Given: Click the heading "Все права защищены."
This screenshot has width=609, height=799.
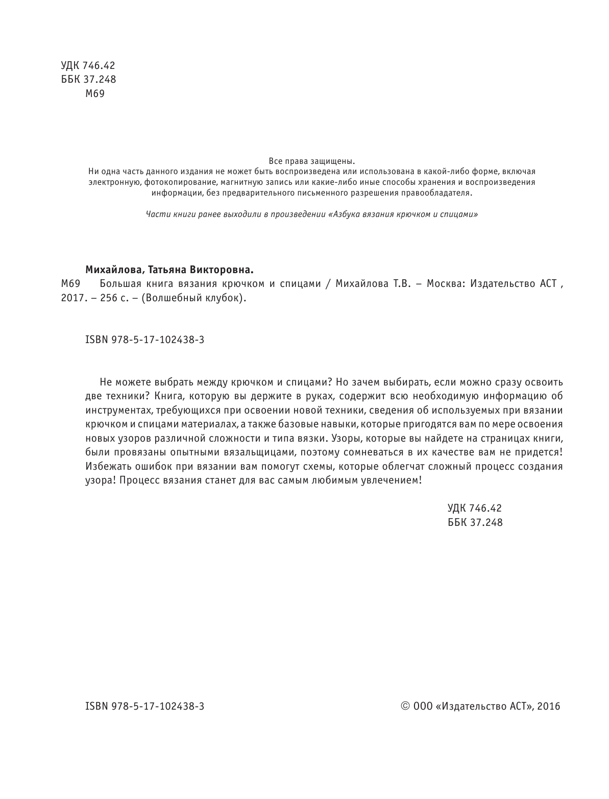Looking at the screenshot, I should (311, 161).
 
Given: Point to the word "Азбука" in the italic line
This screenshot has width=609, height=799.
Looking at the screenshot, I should (346, 214).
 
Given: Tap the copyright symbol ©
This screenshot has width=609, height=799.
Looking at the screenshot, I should (405, 706).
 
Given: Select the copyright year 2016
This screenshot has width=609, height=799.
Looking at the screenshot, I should (549, 707).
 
